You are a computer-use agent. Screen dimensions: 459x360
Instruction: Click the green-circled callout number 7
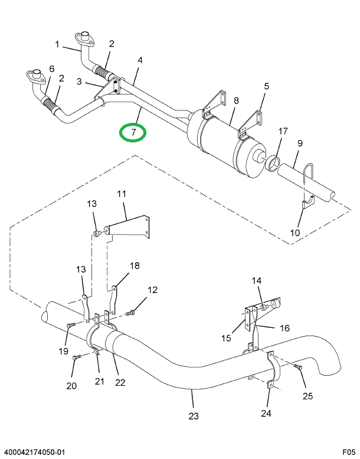(x=134, y=132)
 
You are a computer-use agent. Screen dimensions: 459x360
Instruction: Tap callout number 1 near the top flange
(x=58, y=44)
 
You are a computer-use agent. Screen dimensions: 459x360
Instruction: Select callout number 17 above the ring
(x=283, y=131)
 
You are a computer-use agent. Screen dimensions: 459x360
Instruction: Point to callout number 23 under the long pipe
(x=194, y=416)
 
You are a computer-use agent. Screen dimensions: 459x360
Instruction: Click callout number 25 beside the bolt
(x=307, y=396)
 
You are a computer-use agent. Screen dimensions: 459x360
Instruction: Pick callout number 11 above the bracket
(x=122, y=194)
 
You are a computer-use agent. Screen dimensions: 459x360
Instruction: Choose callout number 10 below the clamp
(x=295, y=232)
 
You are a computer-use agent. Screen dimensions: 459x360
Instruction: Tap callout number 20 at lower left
(x=72, y=386)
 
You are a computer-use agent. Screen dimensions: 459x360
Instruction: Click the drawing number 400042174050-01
(x=35, y=452)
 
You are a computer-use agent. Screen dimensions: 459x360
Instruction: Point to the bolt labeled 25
(x=297, y=367)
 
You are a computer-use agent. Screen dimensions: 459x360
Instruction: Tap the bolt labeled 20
(x=76, y=357)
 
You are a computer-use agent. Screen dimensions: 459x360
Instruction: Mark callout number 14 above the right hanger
(x=256, y=281)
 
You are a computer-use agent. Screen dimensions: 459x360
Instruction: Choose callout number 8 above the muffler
(x=236, y=101)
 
